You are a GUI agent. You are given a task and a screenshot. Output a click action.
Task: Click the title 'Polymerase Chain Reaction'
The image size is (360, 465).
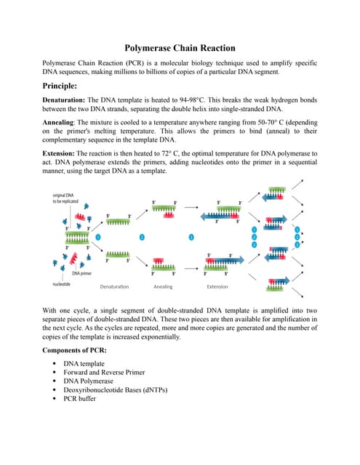(x=180, y=49)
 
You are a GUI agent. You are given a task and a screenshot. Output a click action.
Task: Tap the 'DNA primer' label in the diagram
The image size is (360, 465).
(x=81, y=273)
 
